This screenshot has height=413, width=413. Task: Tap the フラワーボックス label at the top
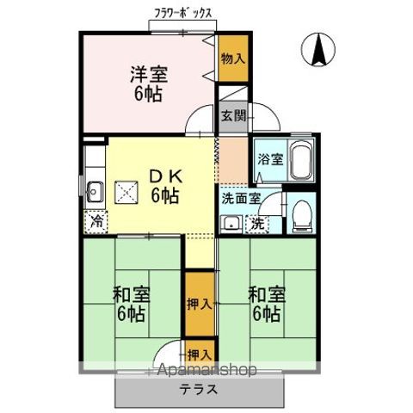184,15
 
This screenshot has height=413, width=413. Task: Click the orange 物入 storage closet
231,59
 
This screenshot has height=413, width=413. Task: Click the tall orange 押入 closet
198,304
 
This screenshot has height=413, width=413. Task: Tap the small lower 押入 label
198,354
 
